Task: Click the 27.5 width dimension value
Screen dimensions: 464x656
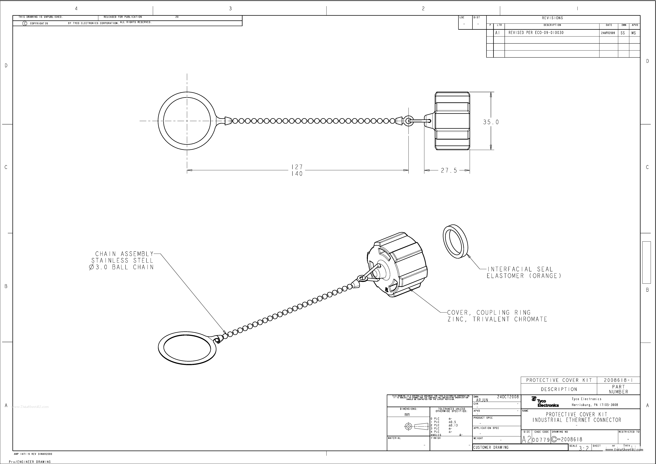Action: [449, 171]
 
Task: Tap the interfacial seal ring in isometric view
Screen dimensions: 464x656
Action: [455, 241]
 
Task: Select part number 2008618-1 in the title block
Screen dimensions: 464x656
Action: [618, 380]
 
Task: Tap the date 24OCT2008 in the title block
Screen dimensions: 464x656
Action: [508, 397]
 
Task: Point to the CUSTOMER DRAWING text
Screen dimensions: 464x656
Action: [491, 447]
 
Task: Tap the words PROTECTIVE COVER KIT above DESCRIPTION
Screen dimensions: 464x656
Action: [559, 380]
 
